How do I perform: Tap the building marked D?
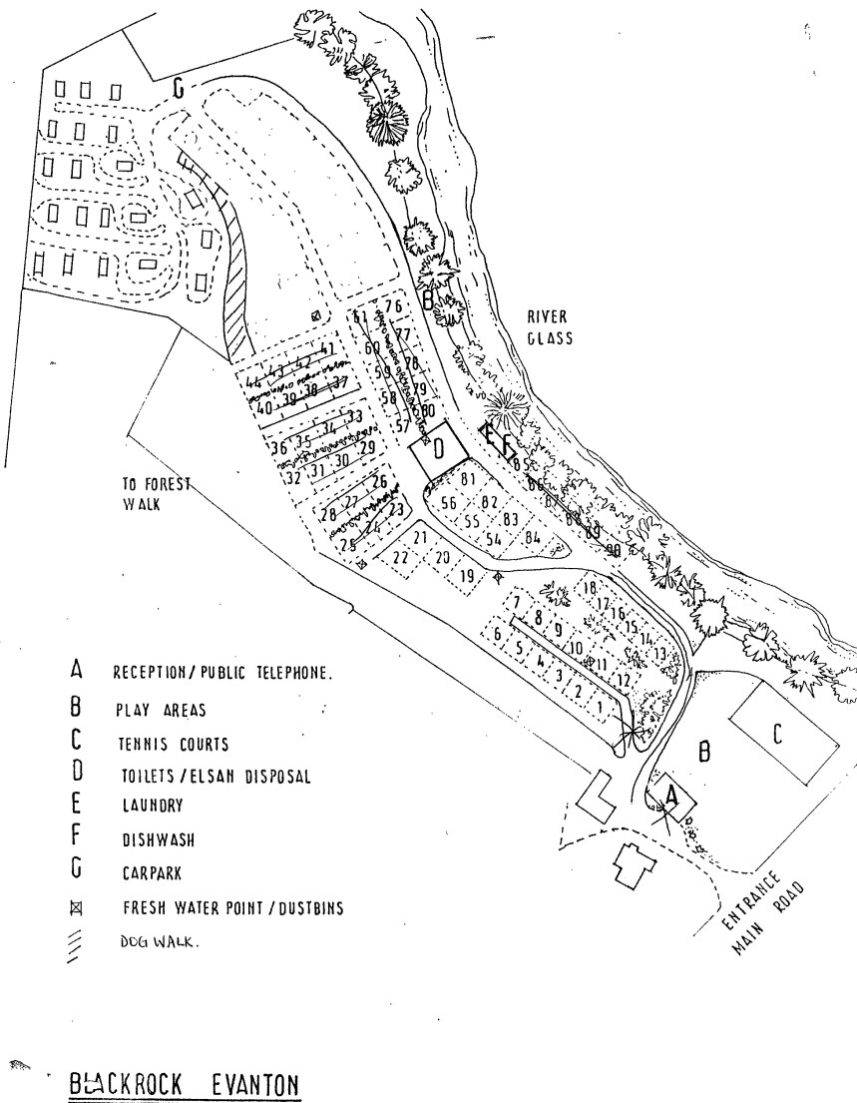pos(436,446)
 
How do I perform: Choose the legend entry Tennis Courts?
pos(175,744)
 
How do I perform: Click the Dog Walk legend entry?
pos(153,939)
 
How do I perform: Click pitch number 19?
pos(468,575)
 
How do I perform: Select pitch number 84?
pos(532,537)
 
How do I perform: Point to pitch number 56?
pos(447,502)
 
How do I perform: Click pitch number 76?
pos(393,307)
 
